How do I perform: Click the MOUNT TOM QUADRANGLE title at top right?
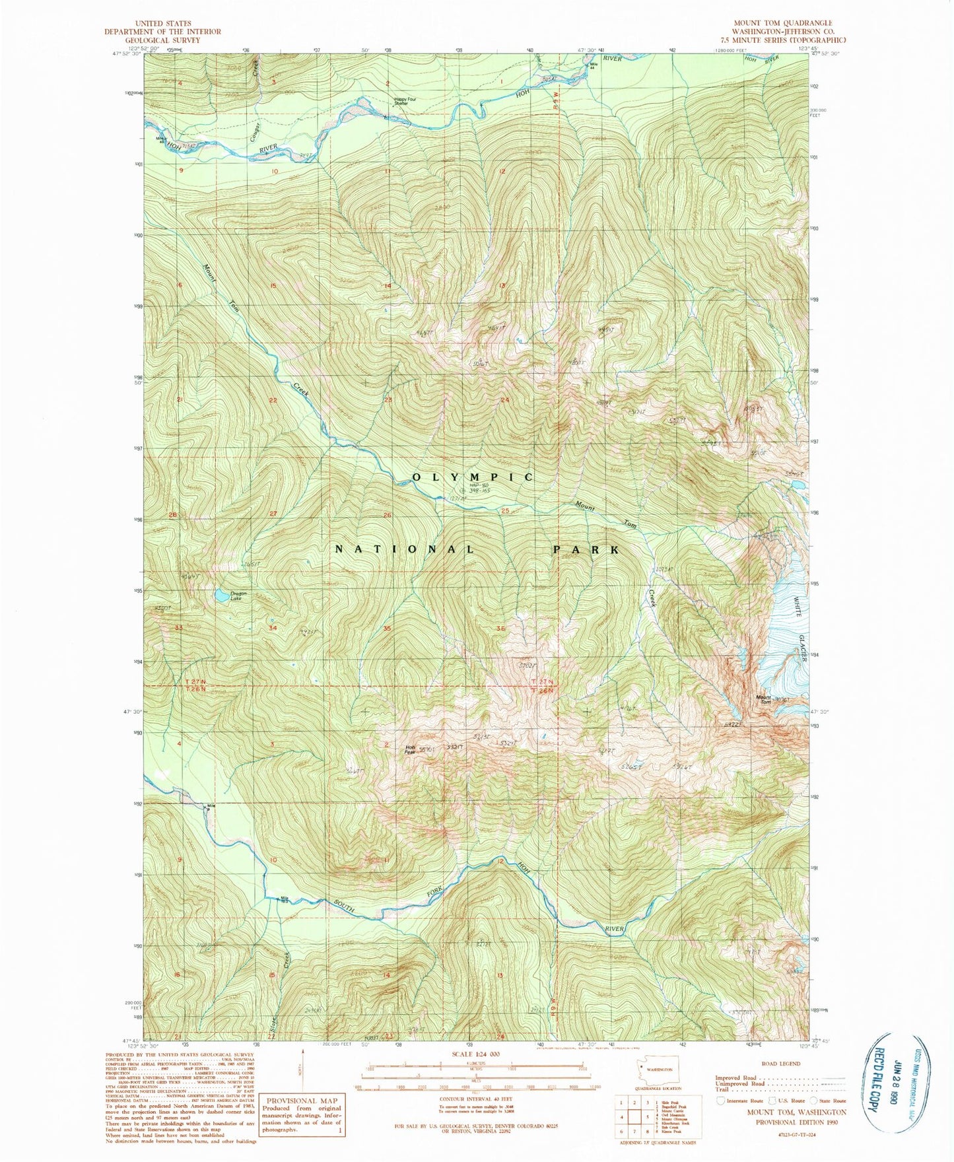[783, 22]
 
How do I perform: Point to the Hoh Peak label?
[409, 749]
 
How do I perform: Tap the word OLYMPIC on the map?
[473, 477]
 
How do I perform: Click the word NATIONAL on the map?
[405, 549]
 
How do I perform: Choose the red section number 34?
[273, 628]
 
